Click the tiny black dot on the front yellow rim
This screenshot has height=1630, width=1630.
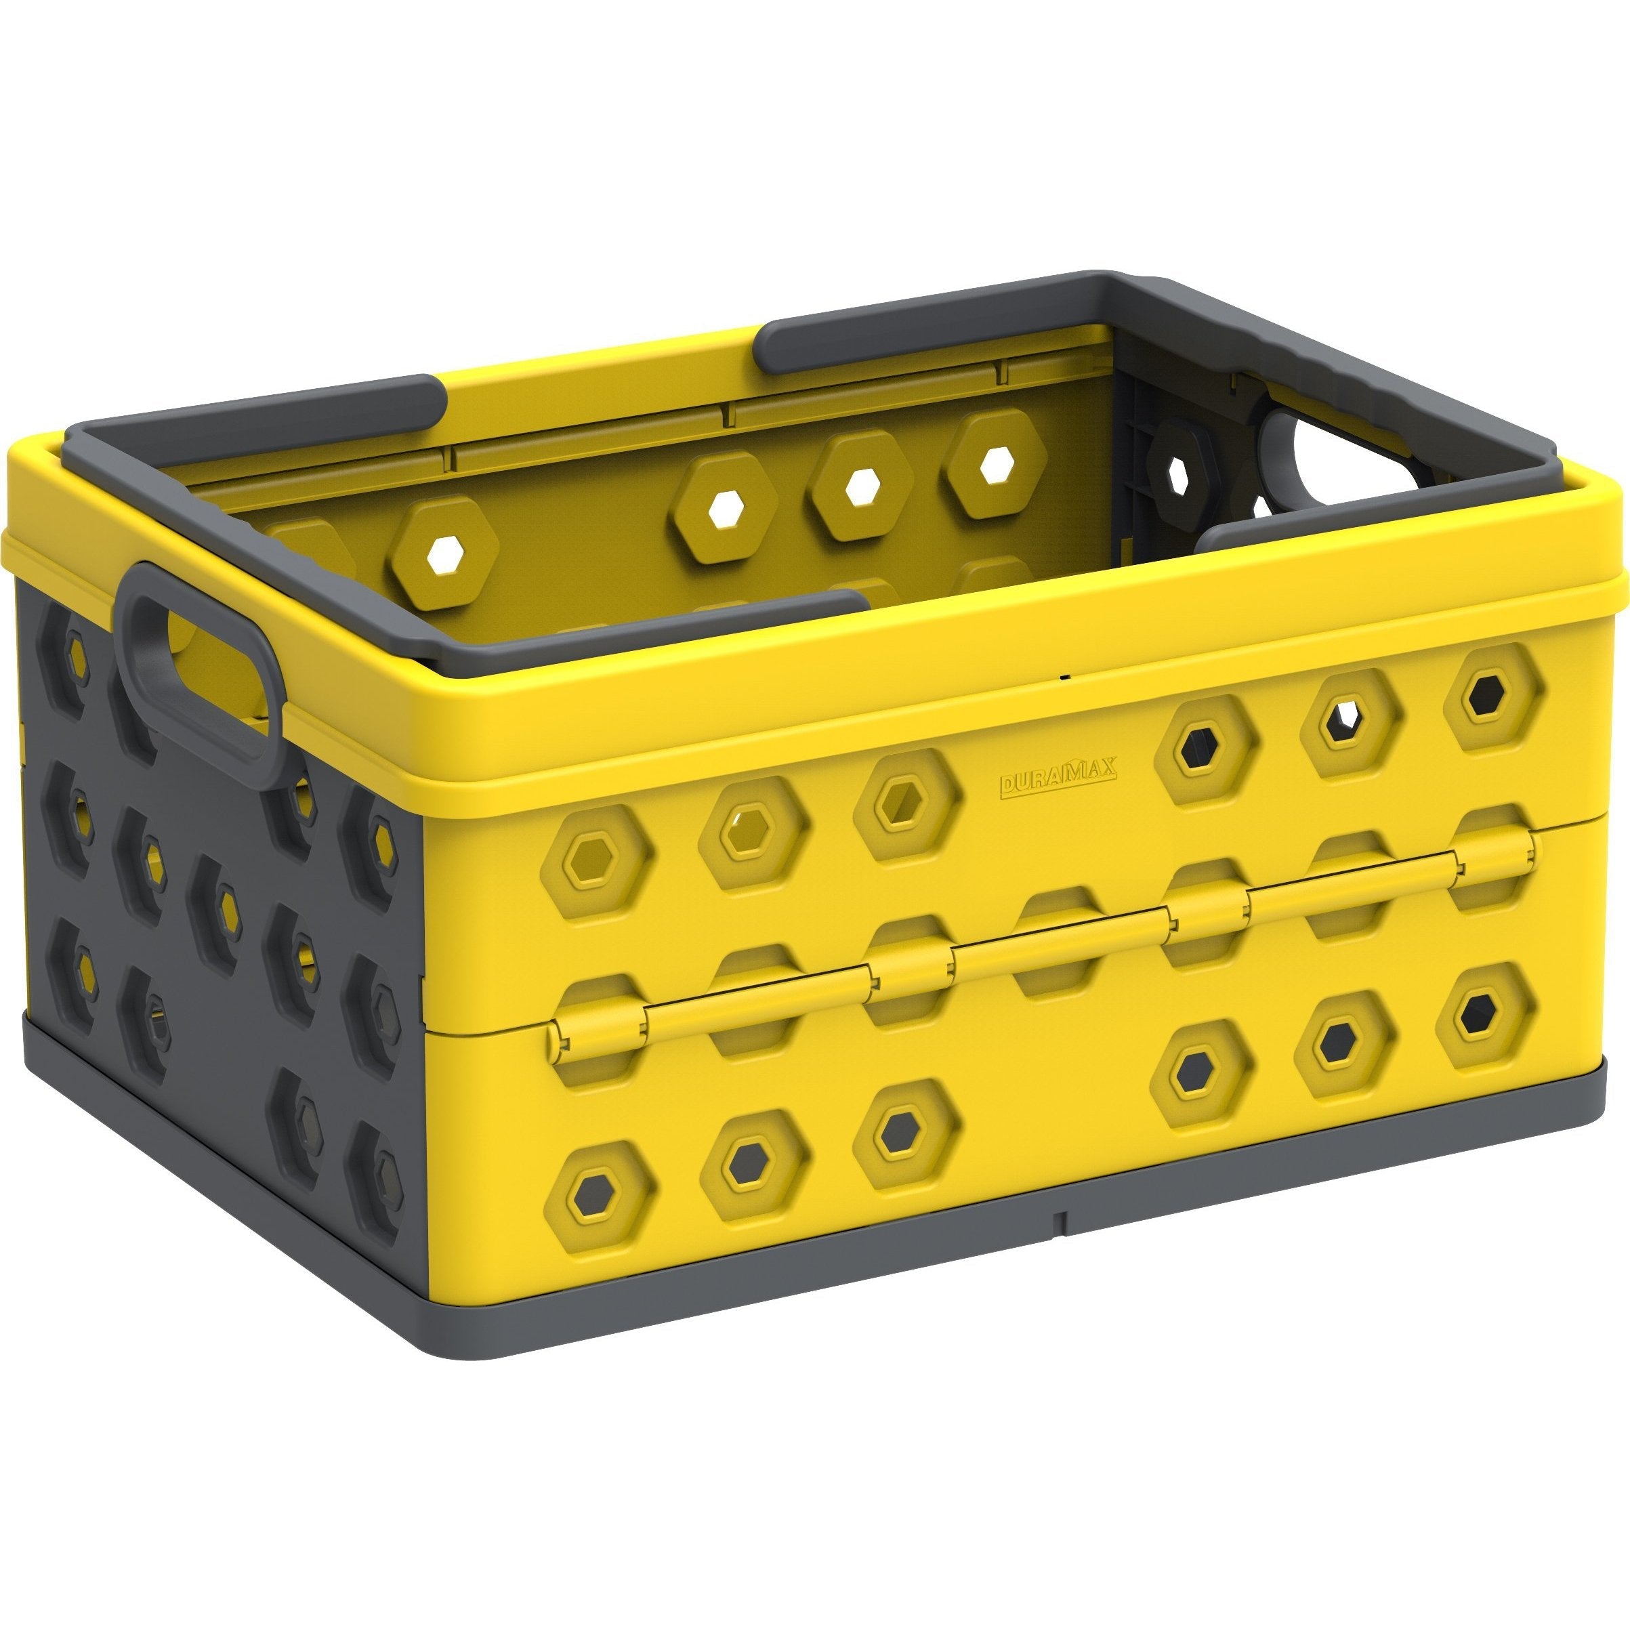[x=1065, y=676]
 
